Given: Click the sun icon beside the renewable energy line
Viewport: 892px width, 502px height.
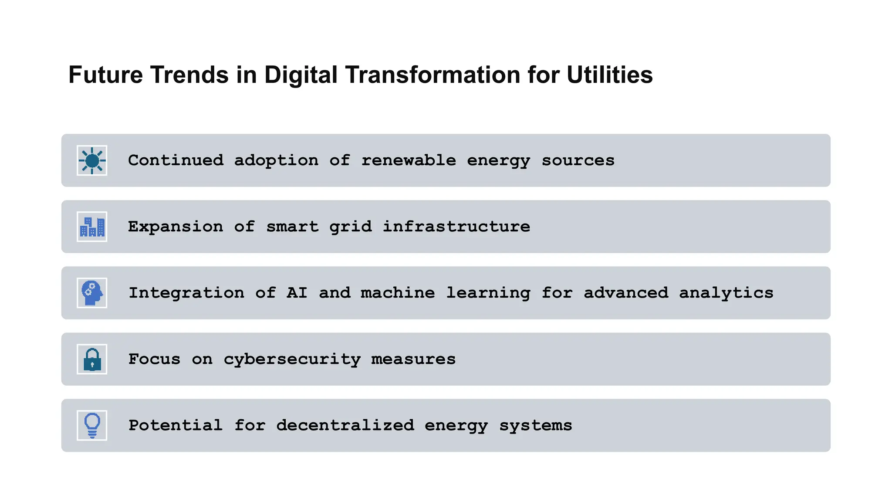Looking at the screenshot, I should [92, 161].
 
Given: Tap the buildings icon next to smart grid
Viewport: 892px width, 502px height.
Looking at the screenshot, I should [92, 227].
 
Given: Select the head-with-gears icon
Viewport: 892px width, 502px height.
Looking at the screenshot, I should [92, 293].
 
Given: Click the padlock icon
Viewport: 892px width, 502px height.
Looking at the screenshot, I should [92, 360].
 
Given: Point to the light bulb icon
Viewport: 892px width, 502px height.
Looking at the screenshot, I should [92, 425].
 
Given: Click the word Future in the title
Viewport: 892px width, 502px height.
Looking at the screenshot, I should [105, 75].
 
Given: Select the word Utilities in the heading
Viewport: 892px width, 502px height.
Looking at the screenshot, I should [609, 75].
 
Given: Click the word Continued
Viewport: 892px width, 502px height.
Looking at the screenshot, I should [176, 160].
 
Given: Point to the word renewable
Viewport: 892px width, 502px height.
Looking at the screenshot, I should [409, 160].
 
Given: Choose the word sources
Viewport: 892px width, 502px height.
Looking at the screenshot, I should [578, 160].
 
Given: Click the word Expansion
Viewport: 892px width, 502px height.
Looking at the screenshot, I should [176, 227].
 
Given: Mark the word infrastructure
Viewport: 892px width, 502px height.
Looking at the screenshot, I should [456, 227].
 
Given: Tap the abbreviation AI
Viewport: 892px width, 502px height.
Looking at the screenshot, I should [297, 293].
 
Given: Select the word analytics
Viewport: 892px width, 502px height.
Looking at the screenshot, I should [726, 293].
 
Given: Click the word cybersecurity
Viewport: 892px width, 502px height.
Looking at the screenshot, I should [292, 360].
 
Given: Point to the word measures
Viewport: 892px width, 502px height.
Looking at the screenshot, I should [413, 359].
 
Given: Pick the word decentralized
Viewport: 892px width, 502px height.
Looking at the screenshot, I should [345, 425].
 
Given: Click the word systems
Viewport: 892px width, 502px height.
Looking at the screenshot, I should [536, 426].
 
